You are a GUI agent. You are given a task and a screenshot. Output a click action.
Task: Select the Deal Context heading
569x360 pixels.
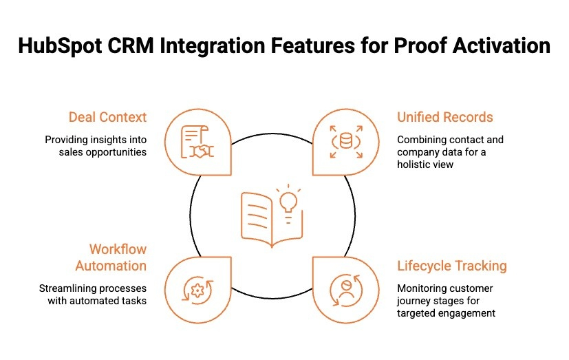[107, 117]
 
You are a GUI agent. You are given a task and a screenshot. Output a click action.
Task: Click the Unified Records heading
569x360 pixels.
[445, 117]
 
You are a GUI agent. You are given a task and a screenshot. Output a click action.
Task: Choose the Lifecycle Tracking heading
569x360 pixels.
[452, 266]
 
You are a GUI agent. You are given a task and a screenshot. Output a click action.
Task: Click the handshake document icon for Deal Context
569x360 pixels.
[198, 142]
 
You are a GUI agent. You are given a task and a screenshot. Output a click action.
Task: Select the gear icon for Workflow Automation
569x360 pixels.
[198, 290]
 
